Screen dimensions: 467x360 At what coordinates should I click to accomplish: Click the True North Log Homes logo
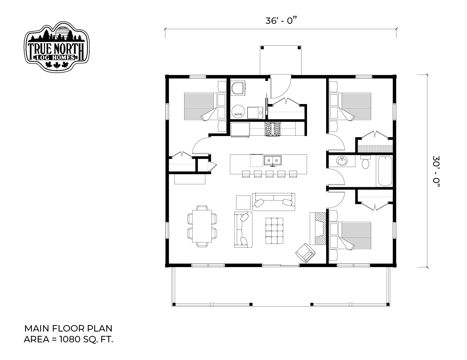(x=57, y=47)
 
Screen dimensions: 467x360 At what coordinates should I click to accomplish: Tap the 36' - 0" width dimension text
(x=281, y=21)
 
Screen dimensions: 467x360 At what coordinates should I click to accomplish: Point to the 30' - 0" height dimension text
(x=437, y=171)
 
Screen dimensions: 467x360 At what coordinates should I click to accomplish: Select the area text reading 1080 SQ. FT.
(x=86, y=339)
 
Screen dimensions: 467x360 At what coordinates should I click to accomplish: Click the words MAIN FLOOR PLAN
(x=68, y=328)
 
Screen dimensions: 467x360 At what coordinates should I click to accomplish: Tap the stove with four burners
(x=273, y=129)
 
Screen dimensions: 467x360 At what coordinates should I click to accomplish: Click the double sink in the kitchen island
(x=273, y=161)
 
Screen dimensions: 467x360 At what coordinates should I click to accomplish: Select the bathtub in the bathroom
(x=385, y=171)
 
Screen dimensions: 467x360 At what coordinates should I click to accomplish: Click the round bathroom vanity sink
(x=342, y=161)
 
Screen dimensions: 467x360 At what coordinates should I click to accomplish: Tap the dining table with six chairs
(x=202, y=226)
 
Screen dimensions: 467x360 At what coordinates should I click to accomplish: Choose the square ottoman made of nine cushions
(x=274, y=231)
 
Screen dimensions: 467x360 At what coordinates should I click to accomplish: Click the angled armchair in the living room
(x=305, y=253)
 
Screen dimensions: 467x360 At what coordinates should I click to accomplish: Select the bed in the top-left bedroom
(x=205, y=106)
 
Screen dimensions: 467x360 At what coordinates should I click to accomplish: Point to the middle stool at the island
(x=270, y=174)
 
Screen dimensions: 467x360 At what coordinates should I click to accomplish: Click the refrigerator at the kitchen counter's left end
(x=240, y=130)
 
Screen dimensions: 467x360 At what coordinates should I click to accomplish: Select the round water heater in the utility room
(x=238, y=111)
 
